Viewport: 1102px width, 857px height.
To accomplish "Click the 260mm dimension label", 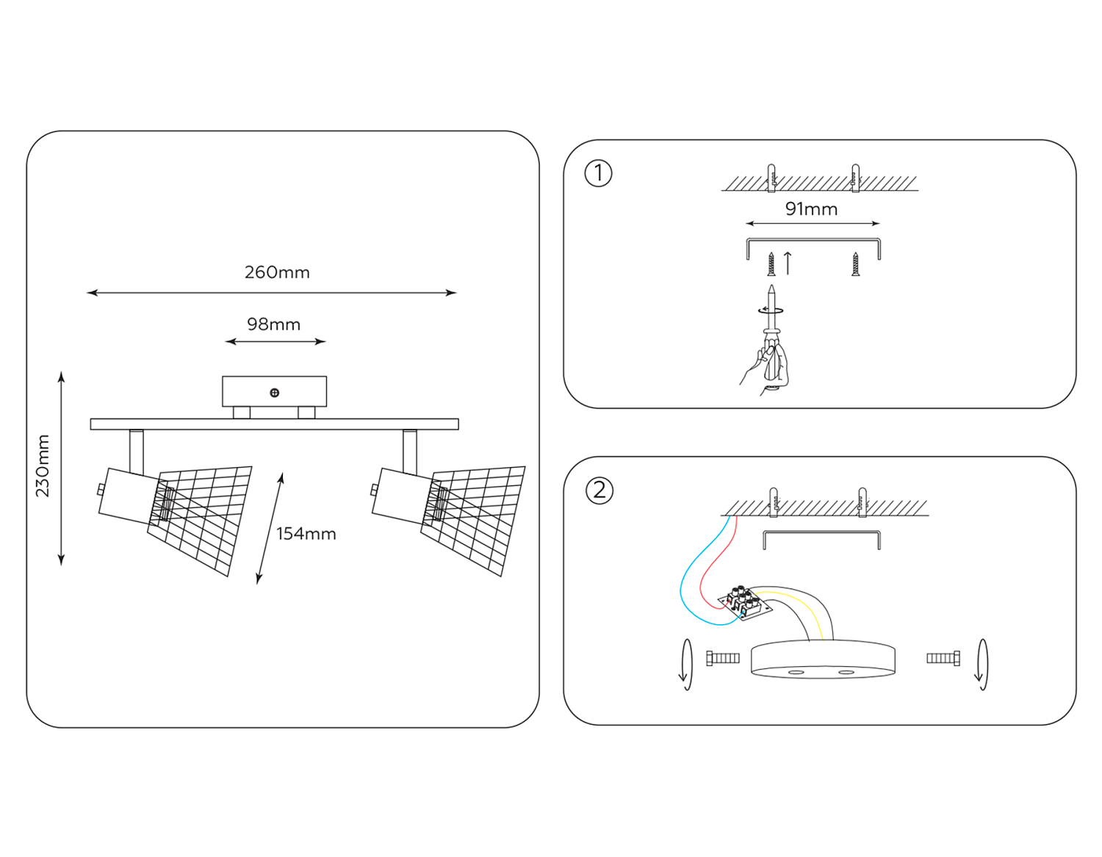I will (x=277, y=272).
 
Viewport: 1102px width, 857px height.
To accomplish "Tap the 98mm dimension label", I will (x=273, y=325).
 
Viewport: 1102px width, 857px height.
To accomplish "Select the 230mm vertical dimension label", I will (x=43, y=466).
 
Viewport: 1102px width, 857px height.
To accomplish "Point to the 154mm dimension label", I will (x=306, y=534).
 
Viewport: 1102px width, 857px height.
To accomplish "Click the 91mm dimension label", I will (x=811, y=209).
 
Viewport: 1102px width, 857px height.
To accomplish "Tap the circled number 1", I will (x=598, y=173).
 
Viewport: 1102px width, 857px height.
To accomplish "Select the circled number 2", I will (x=599, y=490).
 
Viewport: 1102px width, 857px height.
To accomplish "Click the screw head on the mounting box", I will (x=275, y=393).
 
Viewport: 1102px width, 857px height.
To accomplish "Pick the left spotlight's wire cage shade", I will (x=202, y=517).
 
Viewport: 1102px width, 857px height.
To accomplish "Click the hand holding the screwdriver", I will (x=768, y=367).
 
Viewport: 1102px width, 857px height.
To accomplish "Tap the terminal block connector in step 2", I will (x=743, y=602).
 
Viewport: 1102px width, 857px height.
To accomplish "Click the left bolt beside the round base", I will (x=723, y=658).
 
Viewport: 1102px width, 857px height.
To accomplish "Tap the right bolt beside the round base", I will (x=943, y=658).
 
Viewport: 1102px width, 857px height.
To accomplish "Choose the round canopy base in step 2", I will (x=823, y=659).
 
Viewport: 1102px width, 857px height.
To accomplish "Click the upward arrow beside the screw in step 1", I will (x=788, y=263).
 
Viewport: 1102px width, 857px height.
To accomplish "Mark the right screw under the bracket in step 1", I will (x=855, y=264).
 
